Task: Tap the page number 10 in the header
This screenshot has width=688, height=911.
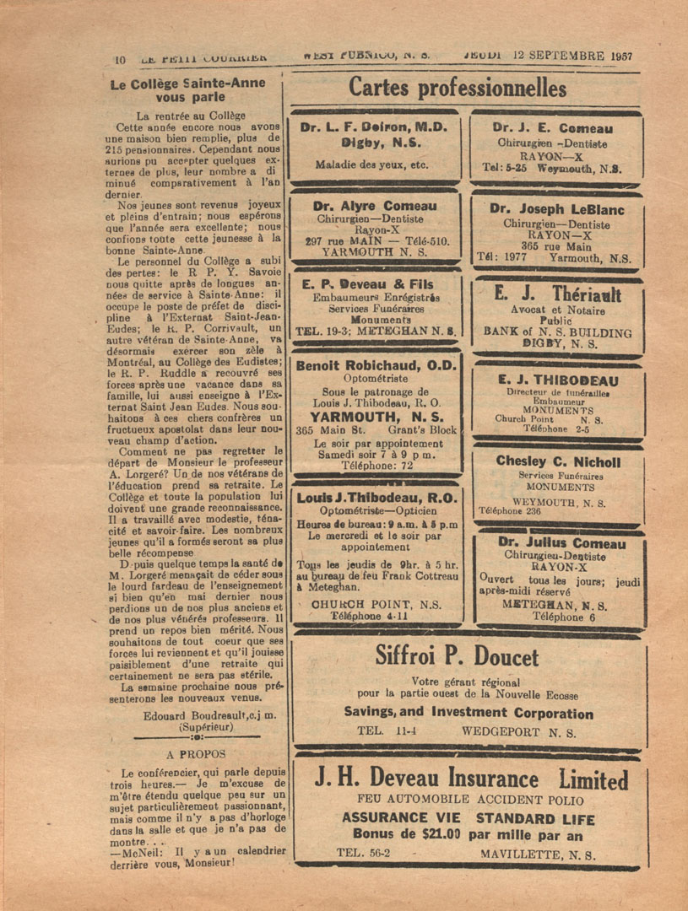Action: pos(120,58)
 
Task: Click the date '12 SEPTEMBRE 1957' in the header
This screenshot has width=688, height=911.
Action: pos(572,57)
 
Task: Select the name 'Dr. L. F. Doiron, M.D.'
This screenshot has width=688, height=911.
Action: pos(374,127)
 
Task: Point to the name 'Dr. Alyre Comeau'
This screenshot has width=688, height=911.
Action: pos(375,206)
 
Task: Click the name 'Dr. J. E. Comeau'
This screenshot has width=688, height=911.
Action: pos(553,129)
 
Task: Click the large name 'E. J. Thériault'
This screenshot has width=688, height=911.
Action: pos(557,294)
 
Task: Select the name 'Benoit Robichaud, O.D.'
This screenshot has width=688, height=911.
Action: pos(376,365)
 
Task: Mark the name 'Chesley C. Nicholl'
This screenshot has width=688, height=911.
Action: pos(558,461)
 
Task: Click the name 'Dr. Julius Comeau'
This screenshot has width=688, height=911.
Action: pos(561,543)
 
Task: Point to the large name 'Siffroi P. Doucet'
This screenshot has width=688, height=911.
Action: pos(469,655)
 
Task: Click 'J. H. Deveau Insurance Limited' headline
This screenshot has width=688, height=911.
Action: pos(471,779)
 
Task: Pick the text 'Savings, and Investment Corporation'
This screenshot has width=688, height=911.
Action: pos(469,713)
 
